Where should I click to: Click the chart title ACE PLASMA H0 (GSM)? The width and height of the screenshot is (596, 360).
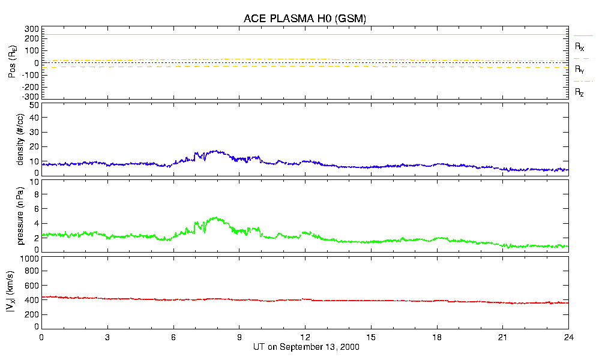[304, 19]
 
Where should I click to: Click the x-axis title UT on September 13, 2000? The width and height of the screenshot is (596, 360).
[304, 347]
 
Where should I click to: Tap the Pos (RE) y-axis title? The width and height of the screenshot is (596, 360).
[12, 62]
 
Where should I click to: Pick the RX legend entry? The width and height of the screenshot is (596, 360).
[580, 46]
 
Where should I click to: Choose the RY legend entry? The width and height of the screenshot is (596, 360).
[580, 70]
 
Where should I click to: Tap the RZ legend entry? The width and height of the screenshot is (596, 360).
[580, 92]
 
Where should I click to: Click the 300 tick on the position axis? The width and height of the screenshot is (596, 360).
[31, 29]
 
